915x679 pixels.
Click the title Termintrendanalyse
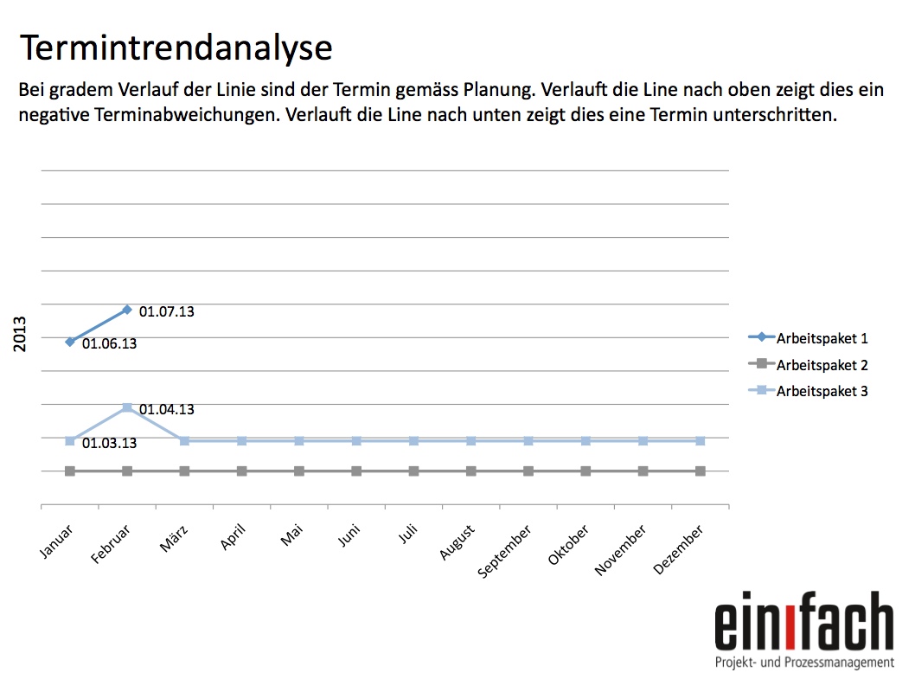point(176,48)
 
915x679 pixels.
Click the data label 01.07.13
point(166,311)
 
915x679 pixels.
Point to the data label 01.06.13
point(109,344)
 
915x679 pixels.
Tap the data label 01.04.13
point(166,410)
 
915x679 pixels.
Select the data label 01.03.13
point(109,443)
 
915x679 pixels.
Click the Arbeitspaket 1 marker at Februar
point(127,310)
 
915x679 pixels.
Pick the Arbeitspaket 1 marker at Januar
point(70,342)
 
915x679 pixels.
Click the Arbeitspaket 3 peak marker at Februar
point(127,407)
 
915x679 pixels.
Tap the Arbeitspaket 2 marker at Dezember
point(701,471)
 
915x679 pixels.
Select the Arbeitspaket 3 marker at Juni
point(356,441)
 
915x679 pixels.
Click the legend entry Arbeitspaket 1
point(808,338)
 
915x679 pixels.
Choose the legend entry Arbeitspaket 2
point(808,365)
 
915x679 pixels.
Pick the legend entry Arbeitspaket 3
point(808,391)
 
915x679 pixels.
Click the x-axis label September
point(504,551)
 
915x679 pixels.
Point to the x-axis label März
point(174,538)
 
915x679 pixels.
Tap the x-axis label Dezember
point(678,549)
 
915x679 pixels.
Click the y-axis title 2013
point(20,334)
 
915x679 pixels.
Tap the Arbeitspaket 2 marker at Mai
point(299,471)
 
